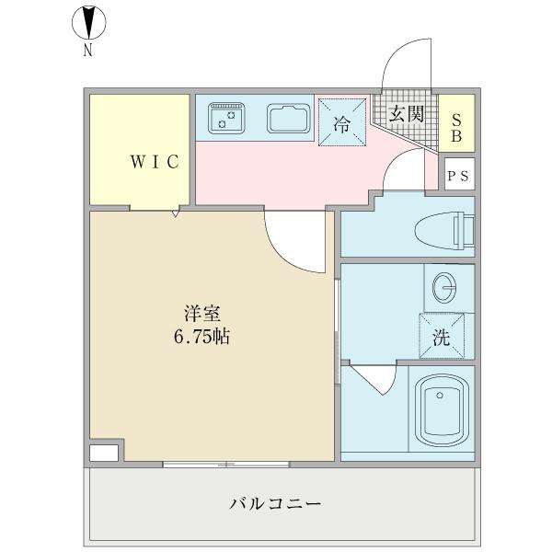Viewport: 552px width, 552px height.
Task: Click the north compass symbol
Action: click(x=87, y=23)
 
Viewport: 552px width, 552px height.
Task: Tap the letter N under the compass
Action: click(x=88, y=52)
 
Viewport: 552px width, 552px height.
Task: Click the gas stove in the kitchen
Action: click(x=225, y=117)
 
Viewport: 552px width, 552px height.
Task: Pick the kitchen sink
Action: click(x=287, y=118)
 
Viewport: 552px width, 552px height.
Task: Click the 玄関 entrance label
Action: click(x=405, y=114)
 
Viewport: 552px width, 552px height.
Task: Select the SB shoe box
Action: click(x=455, y=123)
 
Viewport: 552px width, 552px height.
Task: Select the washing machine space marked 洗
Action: click(x=442, y=336)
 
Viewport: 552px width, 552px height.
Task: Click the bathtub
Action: click(x=439, y=409)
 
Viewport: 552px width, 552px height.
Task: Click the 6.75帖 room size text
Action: click(x=201, y=337)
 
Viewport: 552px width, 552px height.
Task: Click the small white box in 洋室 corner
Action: click(x=103, y=453)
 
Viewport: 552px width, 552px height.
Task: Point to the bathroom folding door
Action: click(x=374, y=378)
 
